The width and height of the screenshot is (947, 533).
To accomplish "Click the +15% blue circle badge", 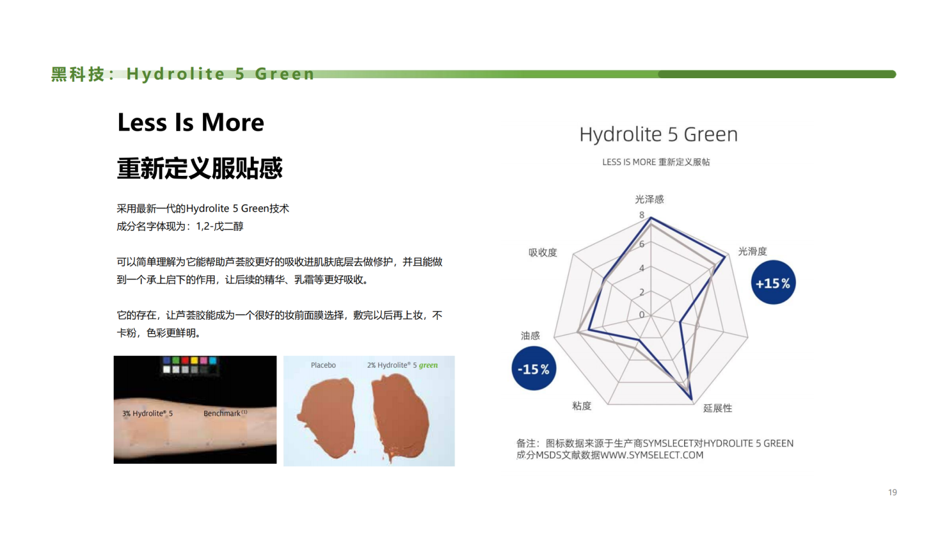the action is [x=773, y=282].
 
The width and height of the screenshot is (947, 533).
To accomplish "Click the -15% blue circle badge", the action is [x=533, y=368].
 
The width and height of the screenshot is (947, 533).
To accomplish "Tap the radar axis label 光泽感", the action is [x=649, y=199].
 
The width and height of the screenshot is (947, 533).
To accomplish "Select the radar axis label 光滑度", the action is [x=752, y=251].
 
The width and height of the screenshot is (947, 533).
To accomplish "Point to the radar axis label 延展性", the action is [x=717, y=408].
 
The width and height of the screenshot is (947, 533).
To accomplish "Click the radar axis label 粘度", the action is [x=581, y=406].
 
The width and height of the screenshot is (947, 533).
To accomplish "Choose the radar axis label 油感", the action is [x=530, y=335].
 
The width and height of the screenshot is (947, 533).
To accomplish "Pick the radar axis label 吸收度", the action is [x=543, y=252].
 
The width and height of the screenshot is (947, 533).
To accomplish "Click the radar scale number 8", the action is [x=642, y=215].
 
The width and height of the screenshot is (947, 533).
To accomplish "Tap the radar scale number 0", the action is [x=642, y=314].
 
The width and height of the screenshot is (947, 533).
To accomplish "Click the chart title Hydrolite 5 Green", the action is [x=658, y=134].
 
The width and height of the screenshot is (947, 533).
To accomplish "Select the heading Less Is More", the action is [x=191, y=122].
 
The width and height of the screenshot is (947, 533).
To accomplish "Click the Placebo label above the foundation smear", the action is [x=323, y=365].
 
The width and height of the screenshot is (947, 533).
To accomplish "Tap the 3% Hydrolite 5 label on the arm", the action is [x=147, y=413].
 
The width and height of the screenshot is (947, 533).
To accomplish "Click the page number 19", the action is [x=893, y=492].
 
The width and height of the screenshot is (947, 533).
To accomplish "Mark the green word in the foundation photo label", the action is [x=429, y=365].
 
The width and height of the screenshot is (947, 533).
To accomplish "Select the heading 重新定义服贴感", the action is [x=199, y=168].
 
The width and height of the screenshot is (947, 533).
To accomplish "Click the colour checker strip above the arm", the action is [x=190, y=365].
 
